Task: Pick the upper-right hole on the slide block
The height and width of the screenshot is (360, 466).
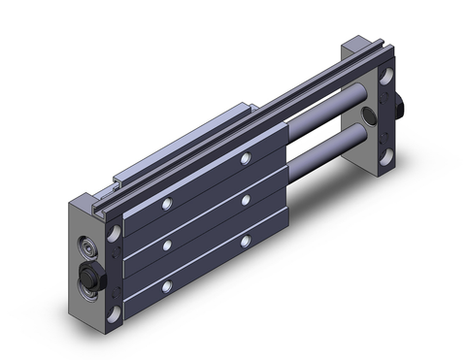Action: click(x=245, y=158)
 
